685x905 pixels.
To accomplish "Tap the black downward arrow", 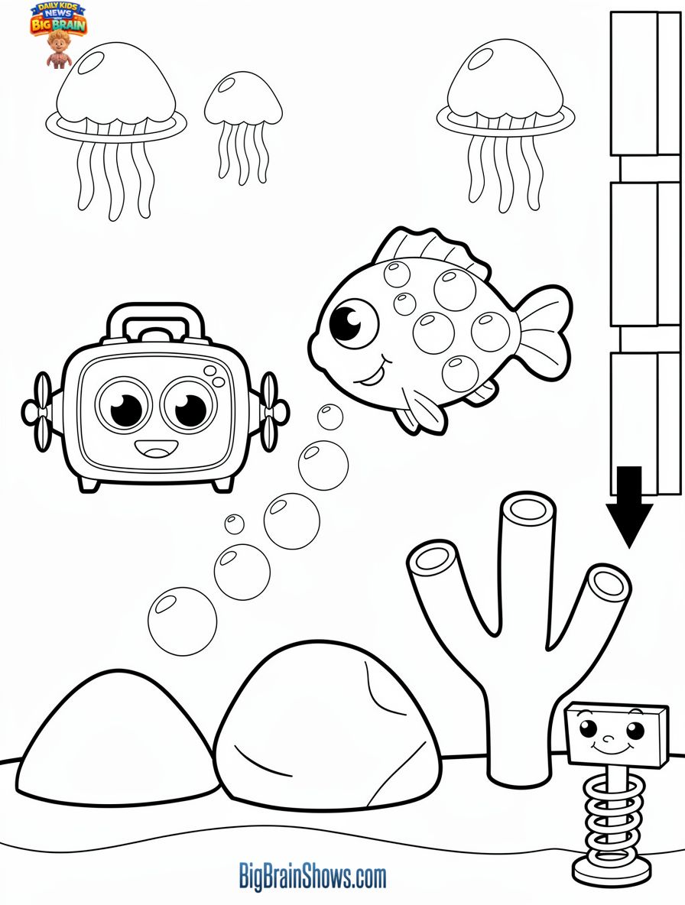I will tap(628, 508).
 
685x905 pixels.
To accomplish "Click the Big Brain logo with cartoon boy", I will tap(58, 32).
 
